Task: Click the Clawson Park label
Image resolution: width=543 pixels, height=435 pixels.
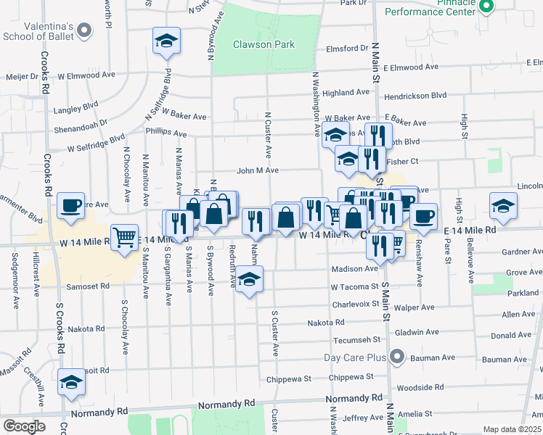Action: click(x=264, y=44)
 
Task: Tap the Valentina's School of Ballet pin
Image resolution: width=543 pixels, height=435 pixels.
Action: click(x=85, y=30)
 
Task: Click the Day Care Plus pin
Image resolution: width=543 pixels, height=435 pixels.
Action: click(x=396, y=357)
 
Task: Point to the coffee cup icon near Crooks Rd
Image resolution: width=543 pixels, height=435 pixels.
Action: click(x=71, y=205)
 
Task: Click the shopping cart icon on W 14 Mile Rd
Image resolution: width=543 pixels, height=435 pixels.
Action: click(x=125, y=237)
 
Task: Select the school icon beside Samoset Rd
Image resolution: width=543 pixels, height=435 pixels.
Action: click(x=249, y=281)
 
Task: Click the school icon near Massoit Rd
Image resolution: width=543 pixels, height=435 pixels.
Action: click(x=71, y=383)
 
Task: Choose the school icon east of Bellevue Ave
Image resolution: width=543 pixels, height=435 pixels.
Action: click(x=503, y=206)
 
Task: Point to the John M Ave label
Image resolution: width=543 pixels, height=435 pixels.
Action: click(x=257, y=170)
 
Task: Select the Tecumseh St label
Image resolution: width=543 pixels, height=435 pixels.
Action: click(x=356, y=340)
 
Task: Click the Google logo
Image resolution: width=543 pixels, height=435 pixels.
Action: click(x=24, y=426)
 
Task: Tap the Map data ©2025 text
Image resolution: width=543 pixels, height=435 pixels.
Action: click(x=512, y=429)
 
